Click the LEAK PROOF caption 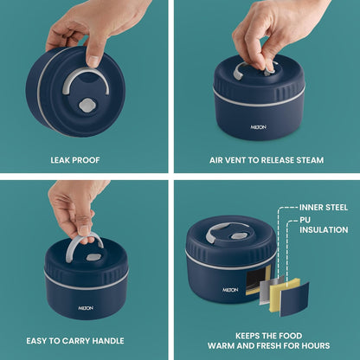coord(75,160)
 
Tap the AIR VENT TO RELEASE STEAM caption coord(267,160)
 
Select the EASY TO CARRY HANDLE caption coord(75,341)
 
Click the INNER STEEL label coord(324,207)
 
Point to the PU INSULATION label coord(324,225)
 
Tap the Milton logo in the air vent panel coord(259,127)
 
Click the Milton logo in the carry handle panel coord(86,308)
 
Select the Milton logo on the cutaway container coord(230,290)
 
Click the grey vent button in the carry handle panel coord(93,257)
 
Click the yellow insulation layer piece coord(283,294)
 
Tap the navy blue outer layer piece coord(294,299)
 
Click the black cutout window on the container coord(255,280)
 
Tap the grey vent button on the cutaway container coord(238,236)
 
